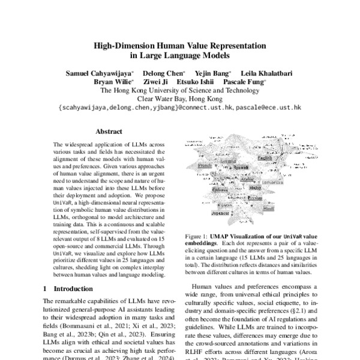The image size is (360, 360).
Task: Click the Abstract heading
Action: tap(109, 131)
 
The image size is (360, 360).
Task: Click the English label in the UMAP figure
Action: tap(265, 158)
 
